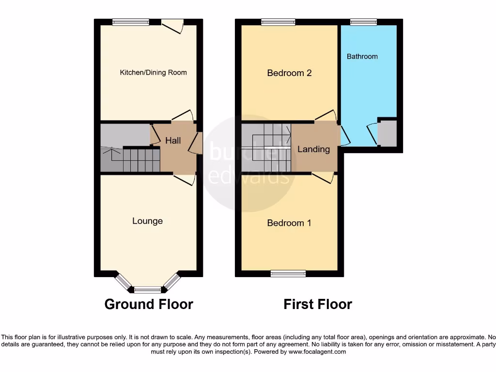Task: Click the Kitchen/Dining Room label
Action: pyautogui.click(x=153, y=73)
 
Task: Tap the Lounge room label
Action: pyautogui.click(x=148, y=221)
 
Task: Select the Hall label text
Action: pyautogui.click(x=173, y=140)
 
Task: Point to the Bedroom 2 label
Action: pyautogui.click(x=289, y=73)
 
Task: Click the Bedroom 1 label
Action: pyautogui.click(x=289, y=223)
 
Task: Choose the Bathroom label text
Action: pyautogui.click(x=362, y=57)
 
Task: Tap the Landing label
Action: pyautogui.click(x=313, y=149)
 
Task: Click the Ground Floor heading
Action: pyautogui.click(x=149, y=304)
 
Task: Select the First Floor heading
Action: pyautogui.click(x=318, y=304)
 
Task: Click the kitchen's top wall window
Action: pyautogui.click(x=131, y=21)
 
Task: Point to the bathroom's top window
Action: pyautogui.click(x=363, y=21)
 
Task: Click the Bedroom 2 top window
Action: pyautogui.click(x=278, y=21)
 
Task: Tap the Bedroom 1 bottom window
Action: pyautogui.click(x=285, y=274)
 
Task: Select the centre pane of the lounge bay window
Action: pyautogui.click(x=147, y=290)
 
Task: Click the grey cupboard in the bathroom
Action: pyautogui.click(x=387, y=133)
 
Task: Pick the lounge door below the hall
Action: pyautogui.click(x=185, y=179)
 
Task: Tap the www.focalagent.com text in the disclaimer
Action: pyautogui.click(x=317, y=352)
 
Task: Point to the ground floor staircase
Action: pyautogui.click(x=140, y=160)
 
